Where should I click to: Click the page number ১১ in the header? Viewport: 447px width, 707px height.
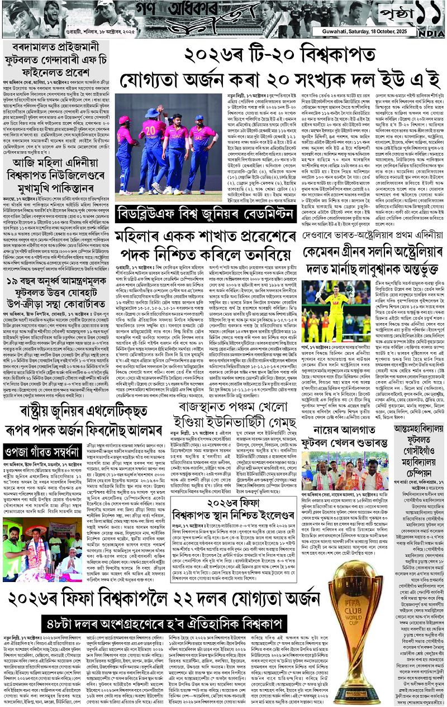[x=421, y=12]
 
